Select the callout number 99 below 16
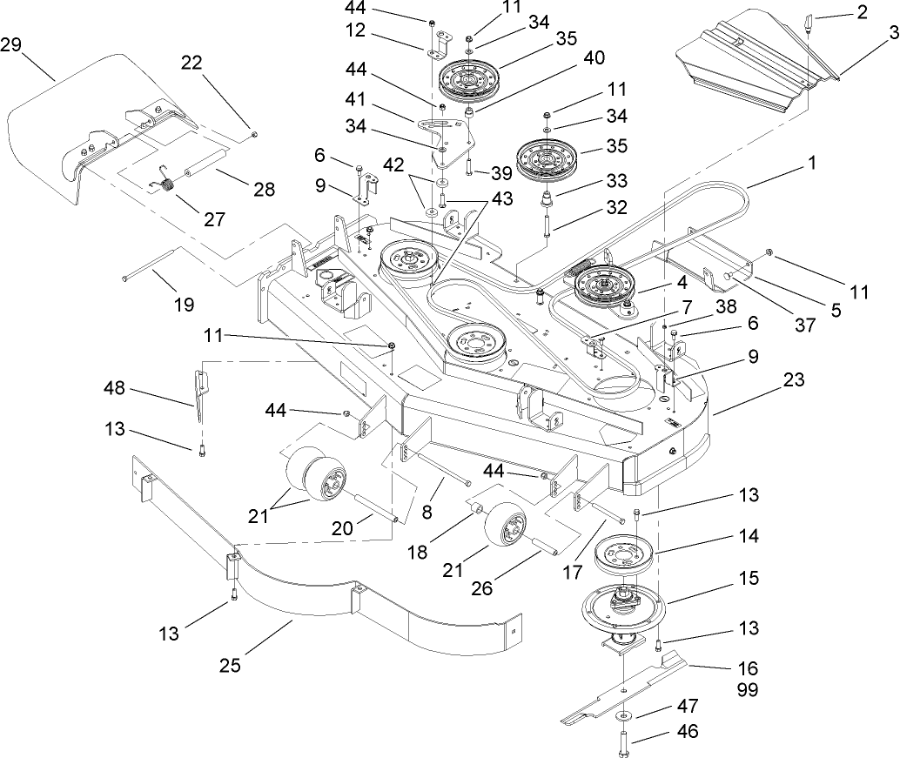[x=747, y=690]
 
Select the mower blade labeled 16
[x=627, y=692]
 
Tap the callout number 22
[x=191, y=62]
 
